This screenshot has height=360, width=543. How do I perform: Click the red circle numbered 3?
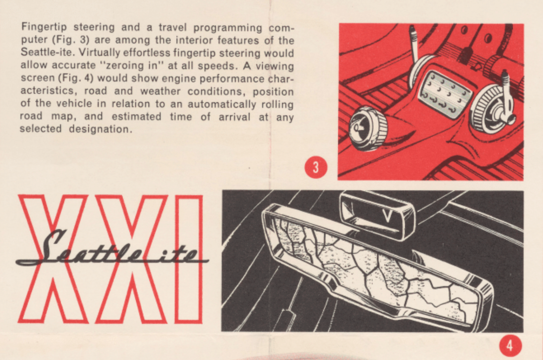[316, 167]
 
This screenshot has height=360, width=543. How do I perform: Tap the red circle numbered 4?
[510, 346]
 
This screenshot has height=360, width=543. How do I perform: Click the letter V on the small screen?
[387, 216]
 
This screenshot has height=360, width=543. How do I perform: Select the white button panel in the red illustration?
[445, 95]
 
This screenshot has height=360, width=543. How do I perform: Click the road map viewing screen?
[378, 266]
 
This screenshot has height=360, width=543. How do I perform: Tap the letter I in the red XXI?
[188, 259]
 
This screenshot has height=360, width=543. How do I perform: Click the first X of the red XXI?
[53, 259]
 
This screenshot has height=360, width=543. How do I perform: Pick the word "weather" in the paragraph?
[160, 91]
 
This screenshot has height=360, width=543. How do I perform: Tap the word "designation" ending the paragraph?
[100, 129]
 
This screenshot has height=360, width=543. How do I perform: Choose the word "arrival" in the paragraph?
[235, 117]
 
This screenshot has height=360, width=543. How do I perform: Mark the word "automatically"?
[221, 104]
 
